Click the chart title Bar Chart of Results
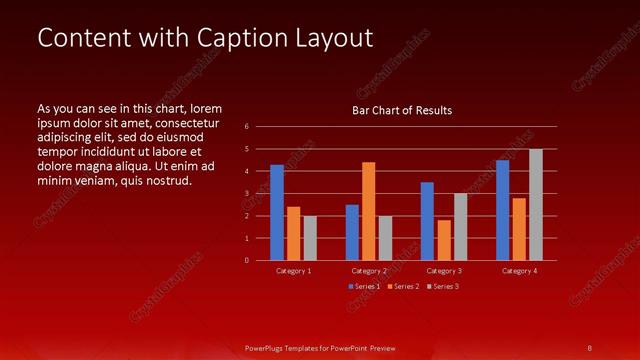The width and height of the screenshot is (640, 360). click(x=402, y=110)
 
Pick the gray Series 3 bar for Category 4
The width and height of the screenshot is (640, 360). click(x=536, y=205)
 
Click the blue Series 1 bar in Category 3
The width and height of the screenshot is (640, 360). click(x=427, y=221)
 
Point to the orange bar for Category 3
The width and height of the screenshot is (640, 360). click(x=444, y=240)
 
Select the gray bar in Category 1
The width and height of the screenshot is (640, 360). click(x=310, y=238)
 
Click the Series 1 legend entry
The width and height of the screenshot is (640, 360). click(x=365, y=287)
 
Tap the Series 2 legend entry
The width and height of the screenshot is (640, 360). click(x=403, y=287)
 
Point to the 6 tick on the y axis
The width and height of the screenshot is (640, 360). click(x=247, y=127)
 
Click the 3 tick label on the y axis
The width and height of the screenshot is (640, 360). click(x=247, y=194)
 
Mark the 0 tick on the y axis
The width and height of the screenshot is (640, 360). click(x=247, y=261)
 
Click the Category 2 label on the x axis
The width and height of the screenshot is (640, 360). click(x=369, y=271)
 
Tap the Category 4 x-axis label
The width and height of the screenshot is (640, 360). click(x=519, y=271)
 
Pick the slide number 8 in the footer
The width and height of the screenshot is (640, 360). click(x=590, y=347)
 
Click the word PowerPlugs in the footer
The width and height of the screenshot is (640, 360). click(x=269, y=347)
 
